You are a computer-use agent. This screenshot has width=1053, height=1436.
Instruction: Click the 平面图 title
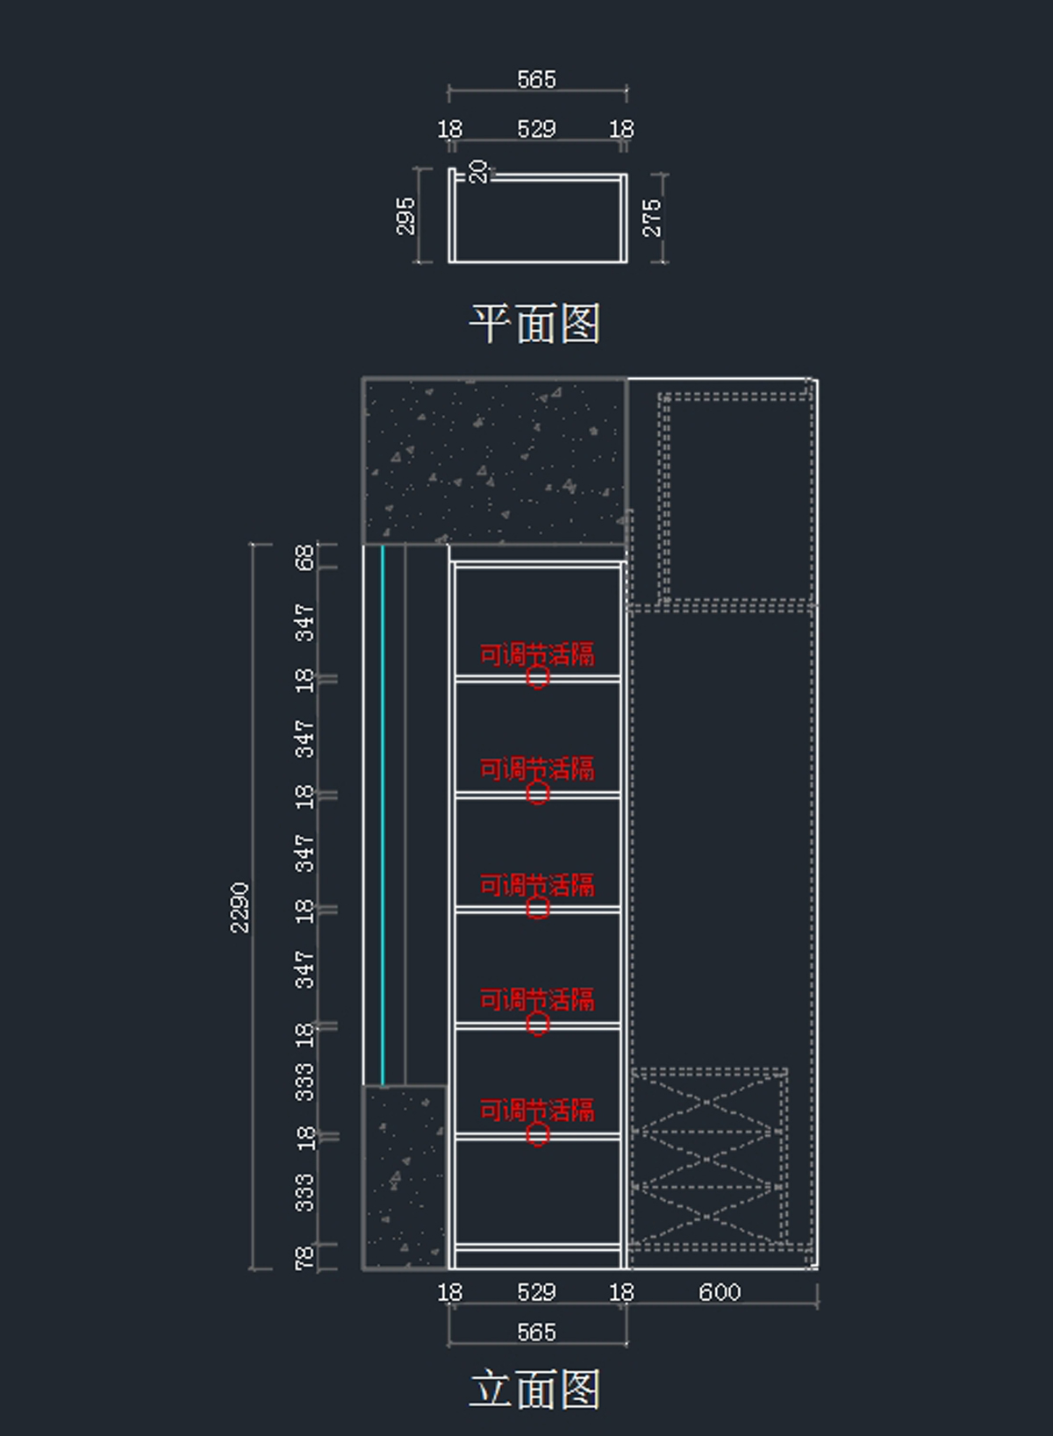click(535, 323)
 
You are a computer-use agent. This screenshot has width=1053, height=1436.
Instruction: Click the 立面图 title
click(535, 1389)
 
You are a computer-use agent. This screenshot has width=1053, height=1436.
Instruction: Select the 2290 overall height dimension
click(240, 908)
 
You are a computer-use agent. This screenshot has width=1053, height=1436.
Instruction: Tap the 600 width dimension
click(720, 1292)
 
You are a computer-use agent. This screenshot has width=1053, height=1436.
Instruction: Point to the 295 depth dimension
click(406, 217)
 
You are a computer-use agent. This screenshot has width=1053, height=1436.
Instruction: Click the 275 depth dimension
click(652, 218)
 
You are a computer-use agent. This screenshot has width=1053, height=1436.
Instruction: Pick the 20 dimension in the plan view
click(478, 172)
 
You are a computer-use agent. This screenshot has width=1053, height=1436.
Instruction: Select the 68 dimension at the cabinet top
click(305, 557)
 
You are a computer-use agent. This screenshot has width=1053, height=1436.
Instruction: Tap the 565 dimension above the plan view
click(537, 80)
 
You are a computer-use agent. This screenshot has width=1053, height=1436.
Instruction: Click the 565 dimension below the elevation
click(537, 1332)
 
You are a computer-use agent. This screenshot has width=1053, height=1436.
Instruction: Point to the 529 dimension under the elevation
click(537, 1292)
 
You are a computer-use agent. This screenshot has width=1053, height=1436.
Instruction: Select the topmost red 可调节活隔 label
click(537, 654)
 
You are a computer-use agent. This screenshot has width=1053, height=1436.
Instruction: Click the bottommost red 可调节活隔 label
click(537, 1111)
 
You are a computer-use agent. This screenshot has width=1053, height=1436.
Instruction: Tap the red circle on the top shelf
click(537, 677)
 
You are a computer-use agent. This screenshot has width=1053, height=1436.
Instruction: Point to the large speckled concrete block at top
click(494, 461)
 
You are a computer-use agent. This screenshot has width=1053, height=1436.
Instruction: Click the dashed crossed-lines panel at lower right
click(709, 1158)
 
